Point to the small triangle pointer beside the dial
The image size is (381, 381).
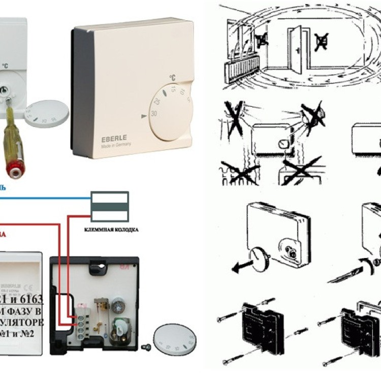tap(142, 117)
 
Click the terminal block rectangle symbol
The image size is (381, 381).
tap(109, 206)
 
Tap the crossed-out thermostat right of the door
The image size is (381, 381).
tap(321, 41)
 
